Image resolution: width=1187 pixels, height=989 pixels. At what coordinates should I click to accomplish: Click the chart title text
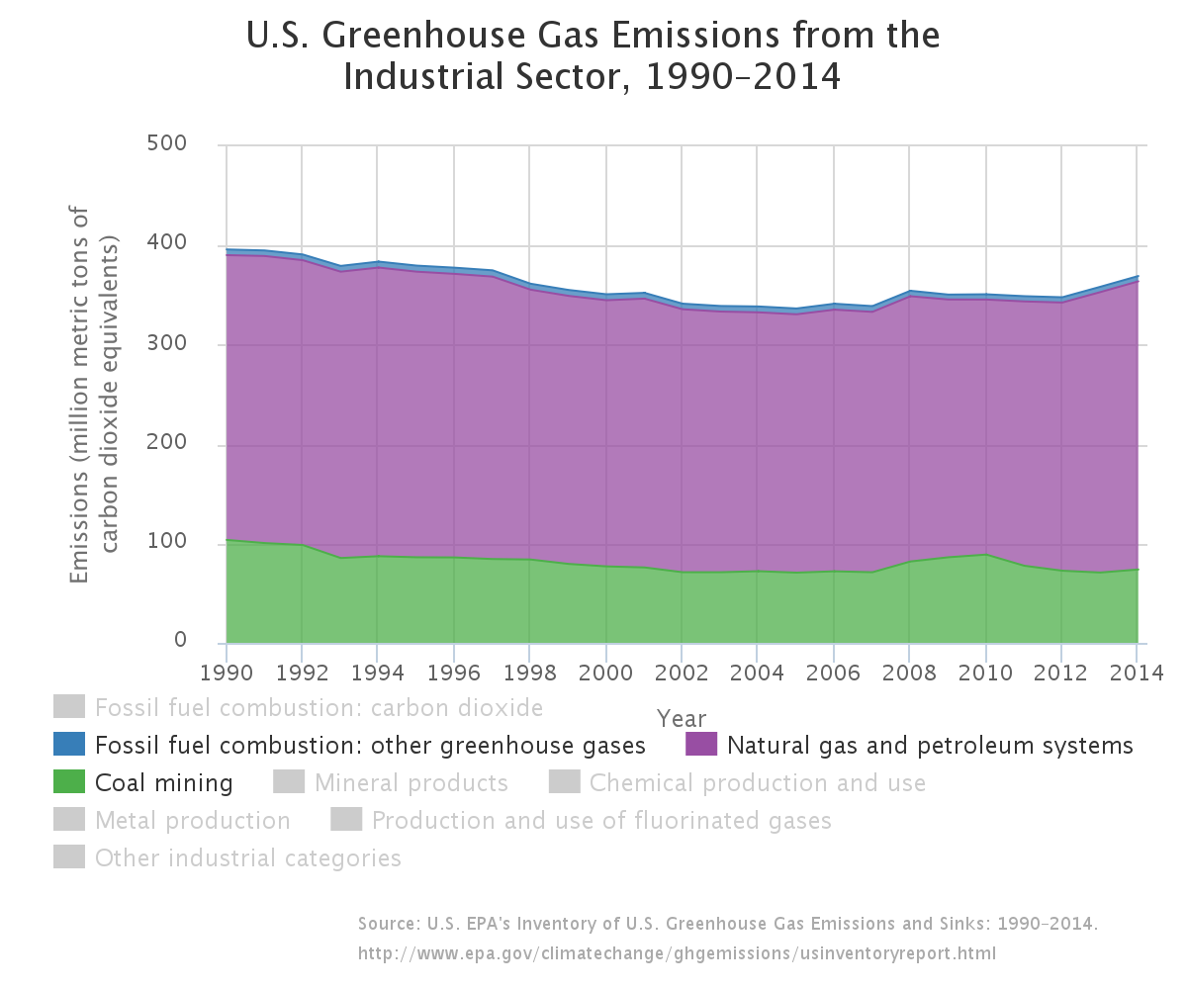593,56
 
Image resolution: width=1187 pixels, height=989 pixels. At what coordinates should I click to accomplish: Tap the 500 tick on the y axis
167,144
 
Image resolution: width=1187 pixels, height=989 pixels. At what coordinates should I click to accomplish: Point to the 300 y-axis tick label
167,344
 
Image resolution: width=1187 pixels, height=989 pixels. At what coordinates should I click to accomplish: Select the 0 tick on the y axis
180,641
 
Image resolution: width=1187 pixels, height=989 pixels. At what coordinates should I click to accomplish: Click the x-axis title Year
682,719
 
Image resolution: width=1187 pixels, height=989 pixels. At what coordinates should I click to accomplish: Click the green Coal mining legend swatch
68,782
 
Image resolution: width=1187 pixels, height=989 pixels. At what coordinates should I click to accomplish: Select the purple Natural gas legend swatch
700,745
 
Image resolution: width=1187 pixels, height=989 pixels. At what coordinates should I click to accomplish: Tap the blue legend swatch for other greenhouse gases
68,745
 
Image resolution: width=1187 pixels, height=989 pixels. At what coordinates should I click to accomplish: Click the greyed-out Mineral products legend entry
411,783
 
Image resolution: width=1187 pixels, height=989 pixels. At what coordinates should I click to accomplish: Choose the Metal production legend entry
192,821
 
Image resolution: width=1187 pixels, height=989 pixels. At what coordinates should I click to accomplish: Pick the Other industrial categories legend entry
247,858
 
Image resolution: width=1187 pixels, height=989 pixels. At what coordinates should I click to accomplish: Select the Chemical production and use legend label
757,783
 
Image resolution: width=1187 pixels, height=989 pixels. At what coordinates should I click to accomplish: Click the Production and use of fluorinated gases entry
600,821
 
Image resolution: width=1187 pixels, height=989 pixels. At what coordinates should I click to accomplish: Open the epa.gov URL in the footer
677,954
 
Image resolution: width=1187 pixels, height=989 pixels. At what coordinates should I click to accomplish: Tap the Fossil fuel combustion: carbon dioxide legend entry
319,708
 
